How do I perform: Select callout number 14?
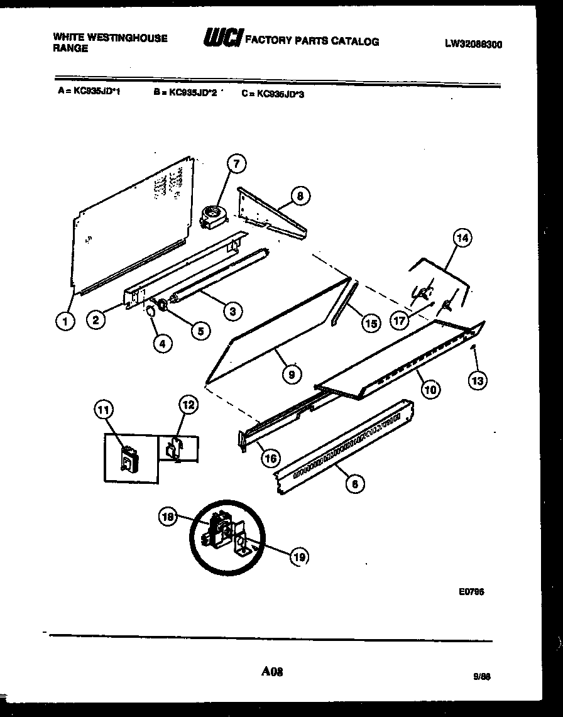tap(462, 238)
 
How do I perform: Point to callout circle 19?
tap(300, 556)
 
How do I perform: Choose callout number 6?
tap(354, 484)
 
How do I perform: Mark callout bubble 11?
tap(103, 410)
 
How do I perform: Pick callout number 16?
tap(270, 457)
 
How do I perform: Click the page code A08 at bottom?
tap(272, 672)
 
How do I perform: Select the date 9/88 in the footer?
tap(481, 677)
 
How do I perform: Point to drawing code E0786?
tap(471, 591)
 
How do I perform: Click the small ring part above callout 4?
tap(152, 312)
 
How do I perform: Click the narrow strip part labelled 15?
tap(343, 304)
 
